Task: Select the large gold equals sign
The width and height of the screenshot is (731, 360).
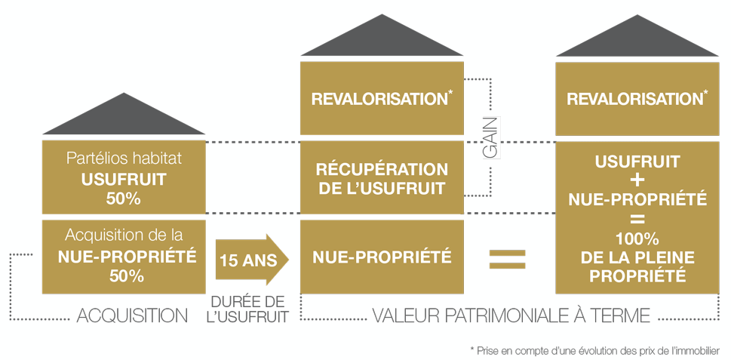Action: click(x=508, y=259)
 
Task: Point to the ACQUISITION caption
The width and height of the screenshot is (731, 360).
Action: click(x=133, y=315)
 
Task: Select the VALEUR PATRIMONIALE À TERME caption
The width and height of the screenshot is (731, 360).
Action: click(x=511, y=315)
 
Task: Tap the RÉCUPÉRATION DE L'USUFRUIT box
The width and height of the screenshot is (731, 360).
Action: click(x=382, y=177)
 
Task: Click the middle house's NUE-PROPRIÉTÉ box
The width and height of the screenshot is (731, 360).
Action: click(x=382, y=257)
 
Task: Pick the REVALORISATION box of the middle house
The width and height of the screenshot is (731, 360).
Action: click(x=382, y=99)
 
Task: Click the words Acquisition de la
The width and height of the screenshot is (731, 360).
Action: click(x=123, y=235)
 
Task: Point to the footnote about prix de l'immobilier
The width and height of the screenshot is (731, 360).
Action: click(x=594, y=349)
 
